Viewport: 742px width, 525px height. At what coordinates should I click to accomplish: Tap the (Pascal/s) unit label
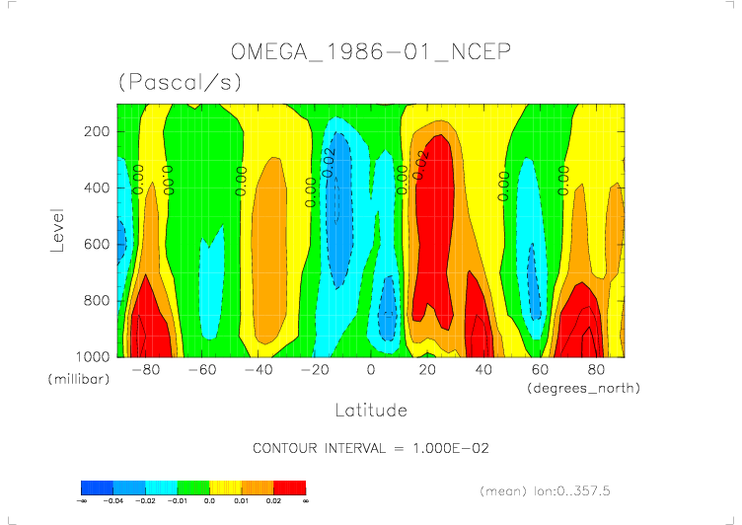(180, 83)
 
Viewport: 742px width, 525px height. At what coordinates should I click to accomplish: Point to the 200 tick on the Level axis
(96, 131)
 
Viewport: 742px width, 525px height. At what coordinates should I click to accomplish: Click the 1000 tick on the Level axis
(93, 356)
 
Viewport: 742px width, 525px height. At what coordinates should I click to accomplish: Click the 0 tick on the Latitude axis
(371, 370)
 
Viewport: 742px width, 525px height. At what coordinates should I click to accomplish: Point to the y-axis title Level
(58, 229)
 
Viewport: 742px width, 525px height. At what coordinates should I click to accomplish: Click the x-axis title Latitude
(371, 409)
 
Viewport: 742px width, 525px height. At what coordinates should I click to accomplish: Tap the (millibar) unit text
(78, 379)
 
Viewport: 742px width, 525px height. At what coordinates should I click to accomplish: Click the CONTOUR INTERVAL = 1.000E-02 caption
(371, 448)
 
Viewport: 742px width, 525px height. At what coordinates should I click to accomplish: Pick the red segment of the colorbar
(289, 487)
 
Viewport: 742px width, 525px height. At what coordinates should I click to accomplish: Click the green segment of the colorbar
(193, 487)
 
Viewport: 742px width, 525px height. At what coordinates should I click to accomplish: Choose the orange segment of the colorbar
(258, 487)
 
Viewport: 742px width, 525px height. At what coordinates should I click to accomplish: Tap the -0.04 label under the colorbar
(113, 501)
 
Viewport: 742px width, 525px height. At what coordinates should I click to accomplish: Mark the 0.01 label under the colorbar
(242, 501)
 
